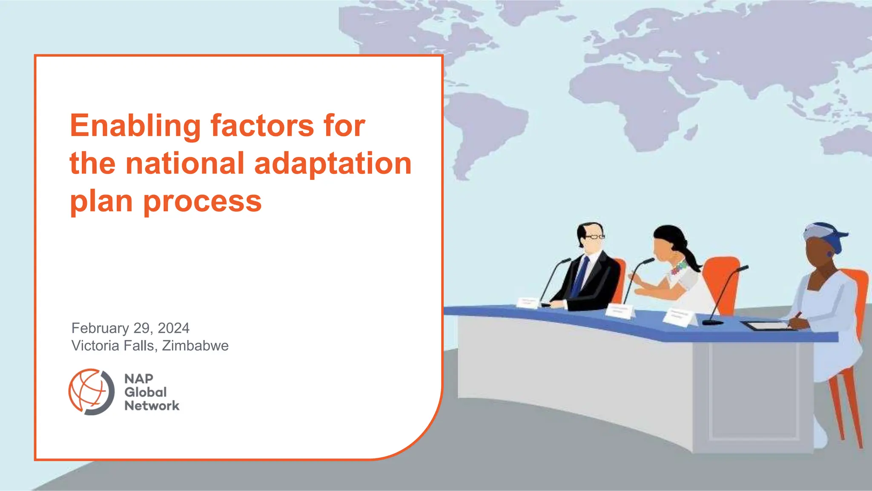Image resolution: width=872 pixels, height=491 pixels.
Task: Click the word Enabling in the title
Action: point(135,126)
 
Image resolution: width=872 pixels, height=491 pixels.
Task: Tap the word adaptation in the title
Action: point(333,164)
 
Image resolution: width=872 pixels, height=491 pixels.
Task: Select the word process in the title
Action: point(202,201)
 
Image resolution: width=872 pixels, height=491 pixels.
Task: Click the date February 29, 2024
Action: point(130,328)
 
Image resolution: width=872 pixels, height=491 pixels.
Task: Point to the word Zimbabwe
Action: point(195,346)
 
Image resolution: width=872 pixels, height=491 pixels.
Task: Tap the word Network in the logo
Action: point(152,406)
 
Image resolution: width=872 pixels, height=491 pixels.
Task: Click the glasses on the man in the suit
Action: point(595,237)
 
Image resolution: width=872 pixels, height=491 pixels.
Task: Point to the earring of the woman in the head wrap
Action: point(830,254)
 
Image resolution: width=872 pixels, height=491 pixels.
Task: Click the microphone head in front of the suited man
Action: point(566,260)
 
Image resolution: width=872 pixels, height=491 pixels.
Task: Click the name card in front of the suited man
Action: point(528,303)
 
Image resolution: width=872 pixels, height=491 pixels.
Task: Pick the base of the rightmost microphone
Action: point(712,322)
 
